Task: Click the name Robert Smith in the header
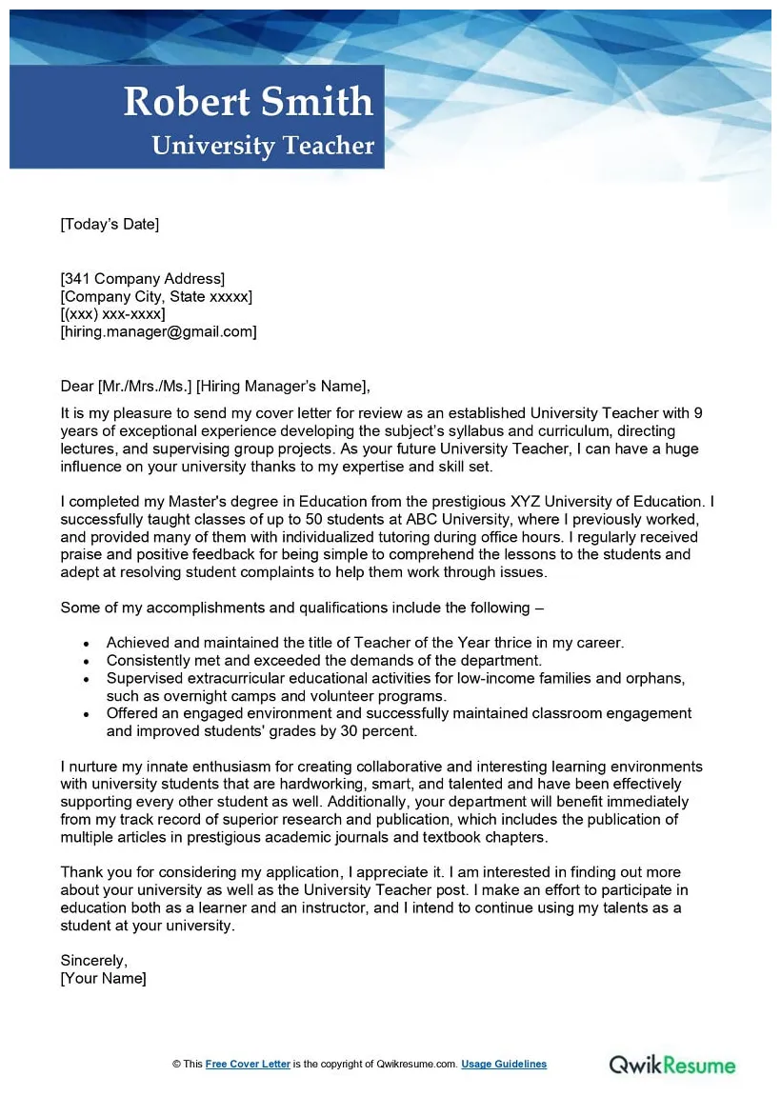[x=249, y=102]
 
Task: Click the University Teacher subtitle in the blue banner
[x=263, y=146]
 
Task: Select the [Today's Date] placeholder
[x=110, y=225]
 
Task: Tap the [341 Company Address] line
[x=143, y=279]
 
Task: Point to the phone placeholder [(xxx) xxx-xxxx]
[x=112, y=314]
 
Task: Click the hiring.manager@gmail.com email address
[x=158, y=332]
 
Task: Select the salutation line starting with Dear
[x=214, y=387]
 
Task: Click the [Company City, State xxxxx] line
[x=156, y=297]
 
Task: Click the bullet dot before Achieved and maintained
[x=87, y=644]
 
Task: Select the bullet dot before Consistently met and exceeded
[x=87, y=661]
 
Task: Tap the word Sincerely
[x=93, y=961]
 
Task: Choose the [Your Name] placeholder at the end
[x=103, y=979]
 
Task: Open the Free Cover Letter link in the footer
[x=248, y=1065]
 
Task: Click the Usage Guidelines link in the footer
[x=504, y=1065]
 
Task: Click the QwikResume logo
[x=672, y=1064]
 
